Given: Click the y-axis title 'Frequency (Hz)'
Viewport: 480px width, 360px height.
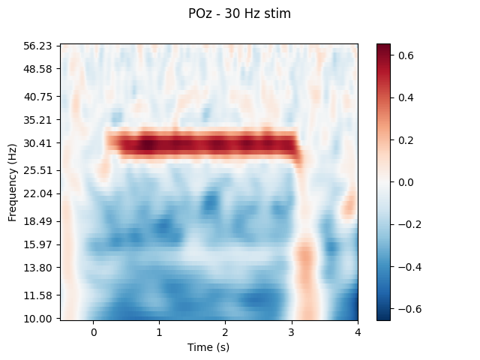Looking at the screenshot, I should (x=13, y=182).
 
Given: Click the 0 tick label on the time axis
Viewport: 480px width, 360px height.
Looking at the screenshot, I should (x=94, y=332).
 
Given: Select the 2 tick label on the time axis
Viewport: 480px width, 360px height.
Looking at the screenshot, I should (x=226, y=332).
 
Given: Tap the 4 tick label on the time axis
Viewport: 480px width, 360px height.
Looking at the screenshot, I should (x=357, y=332).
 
